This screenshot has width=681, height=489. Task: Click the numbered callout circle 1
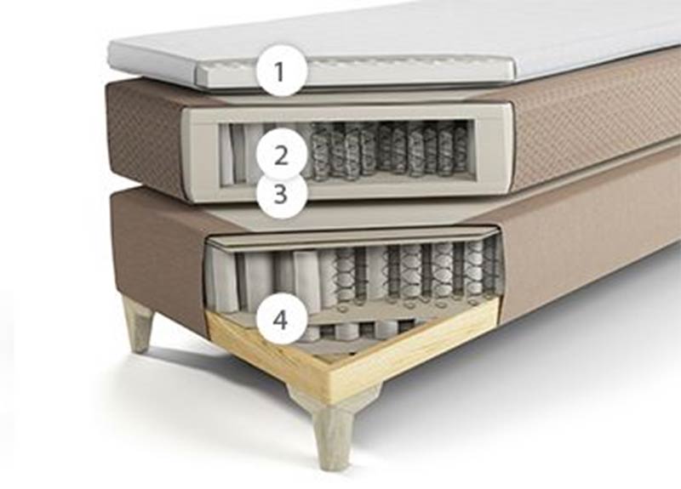tap(282, 71)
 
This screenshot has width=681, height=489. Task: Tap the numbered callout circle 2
tap(282, 156)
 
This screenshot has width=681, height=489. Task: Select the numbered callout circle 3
tap(282, 194)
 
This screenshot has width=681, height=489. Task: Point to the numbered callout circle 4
tap(282, 321)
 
